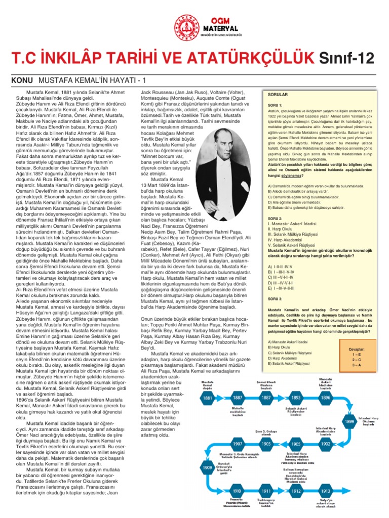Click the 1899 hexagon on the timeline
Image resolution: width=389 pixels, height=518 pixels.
[x=349, y=421]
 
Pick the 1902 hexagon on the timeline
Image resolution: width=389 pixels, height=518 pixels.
[x=325, y=443]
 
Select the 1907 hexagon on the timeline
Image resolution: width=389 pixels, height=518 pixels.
[x=237, y=443]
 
